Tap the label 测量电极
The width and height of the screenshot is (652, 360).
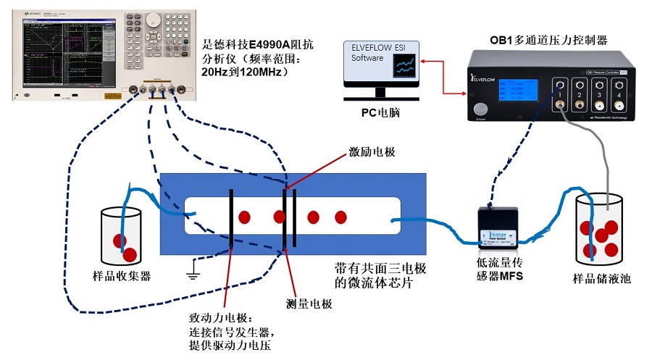click(x=308, y=304)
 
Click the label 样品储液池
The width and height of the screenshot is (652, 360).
click(x=601, y=278)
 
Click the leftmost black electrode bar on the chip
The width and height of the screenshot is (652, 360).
click(x=231, y=217)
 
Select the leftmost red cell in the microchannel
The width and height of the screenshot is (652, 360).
click(x=245, y=217)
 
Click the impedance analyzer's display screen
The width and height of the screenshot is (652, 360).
click(x=65, y=51)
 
